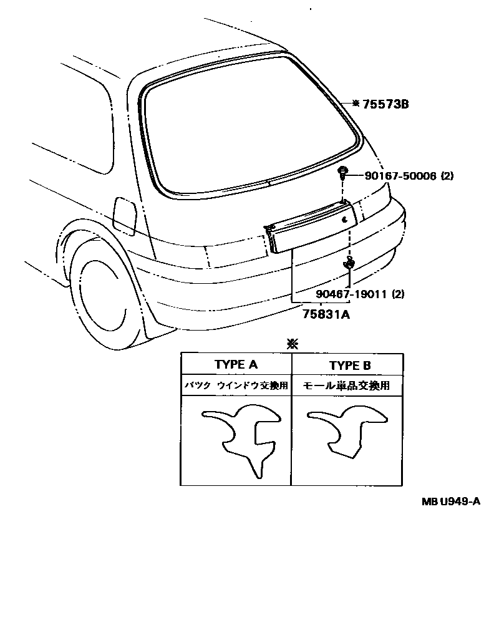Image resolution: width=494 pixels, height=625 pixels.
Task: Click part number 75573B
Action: pyautogui.click(x=385, y=104)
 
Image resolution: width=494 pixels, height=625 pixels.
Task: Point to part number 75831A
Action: pyautogui.click(x=326, y=315)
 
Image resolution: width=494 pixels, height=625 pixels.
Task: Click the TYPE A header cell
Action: pyautogui.click(x=236, y=365)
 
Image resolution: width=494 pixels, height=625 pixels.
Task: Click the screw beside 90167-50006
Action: pyautogui.click(x=343, y=173)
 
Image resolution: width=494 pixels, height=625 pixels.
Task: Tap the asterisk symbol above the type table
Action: pyautogui.click(x=291, y=343)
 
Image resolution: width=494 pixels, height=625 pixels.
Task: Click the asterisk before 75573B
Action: pyautogui.click(x=356, y=104)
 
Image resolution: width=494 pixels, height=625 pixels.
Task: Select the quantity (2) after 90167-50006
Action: pyautogui.click(x=447, y=176)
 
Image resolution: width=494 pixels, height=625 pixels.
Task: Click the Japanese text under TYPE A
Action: pyautogui.click(x=236, y=386)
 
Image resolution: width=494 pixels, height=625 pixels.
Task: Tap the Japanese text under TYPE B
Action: pyautogui.click(x=346, y=386)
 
